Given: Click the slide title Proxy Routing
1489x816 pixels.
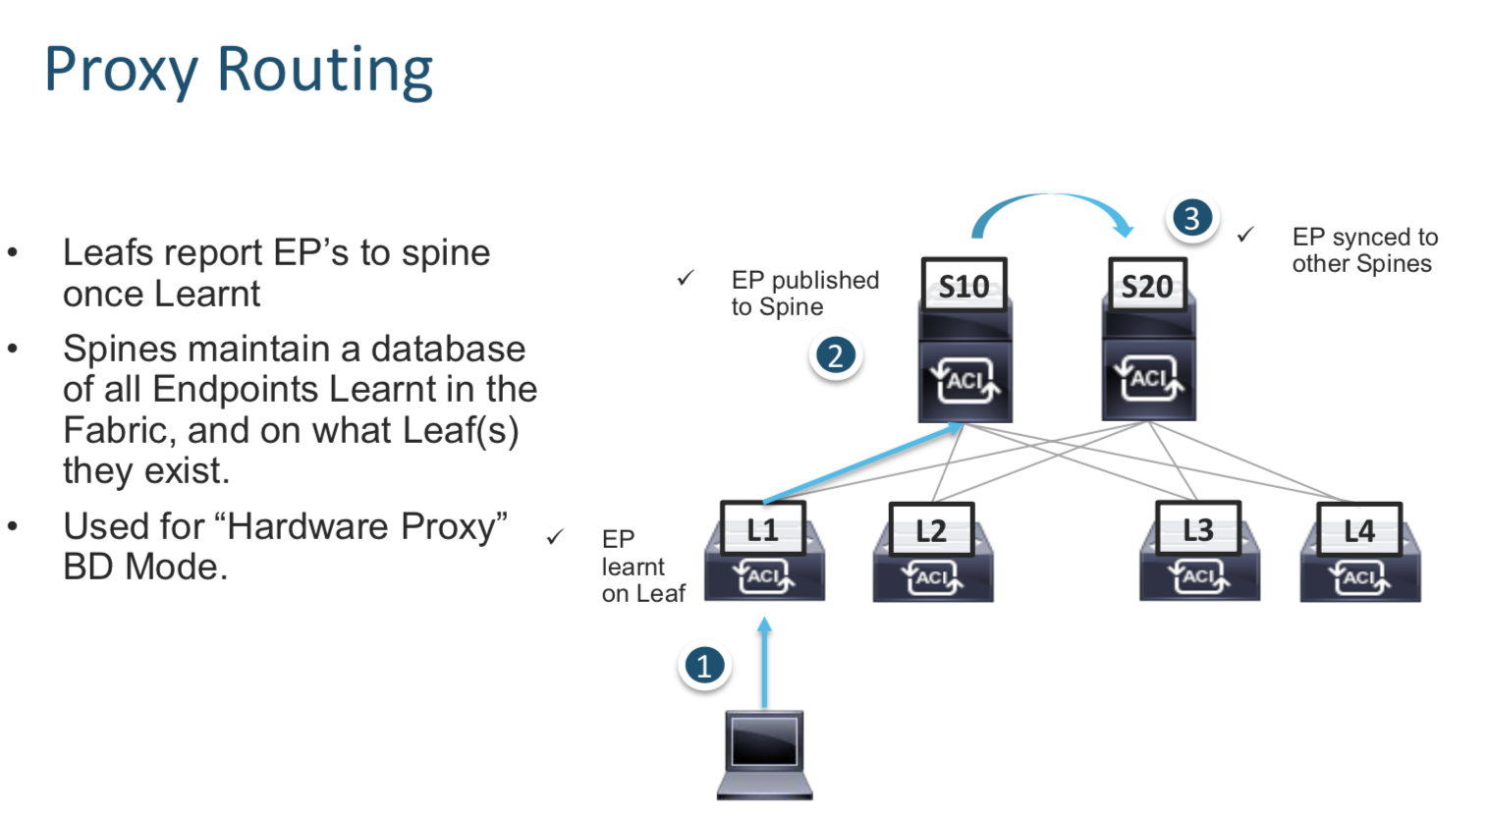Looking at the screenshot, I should click(239, 71).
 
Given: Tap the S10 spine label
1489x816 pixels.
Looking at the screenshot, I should click(965, 287).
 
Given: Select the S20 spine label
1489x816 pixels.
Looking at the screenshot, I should click(1147, 287).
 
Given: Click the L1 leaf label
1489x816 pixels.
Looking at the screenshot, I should click(763, 530).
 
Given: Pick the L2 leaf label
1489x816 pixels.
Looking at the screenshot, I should click(931, 531).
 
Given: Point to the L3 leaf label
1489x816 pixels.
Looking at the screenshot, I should click(1198, 530).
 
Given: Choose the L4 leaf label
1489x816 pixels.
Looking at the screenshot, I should click(1359, 531).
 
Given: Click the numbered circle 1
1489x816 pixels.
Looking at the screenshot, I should click(704, 666).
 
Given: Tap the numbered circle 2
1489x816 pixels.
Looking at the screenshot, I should click(835, 355).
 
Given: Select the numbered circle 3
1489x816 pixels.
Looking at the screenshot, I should click(1191, 217).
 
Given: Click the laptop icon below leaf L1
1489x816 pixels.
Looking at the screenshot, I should click(765, 754).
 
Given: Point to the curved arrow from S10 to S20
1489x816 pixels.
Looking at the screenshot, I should click(1052, 202).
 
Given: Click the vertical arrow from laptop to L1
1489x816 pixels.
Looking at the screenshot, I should click(765, 663).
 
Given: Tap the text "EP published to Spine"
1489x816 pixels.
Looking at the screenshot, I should click(804, 294).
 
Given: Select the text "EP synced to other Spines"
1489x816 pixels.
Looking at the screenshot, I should click(1364, 250).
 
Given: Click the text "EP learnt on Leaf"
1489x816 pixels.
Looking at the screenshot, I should click(642, 567).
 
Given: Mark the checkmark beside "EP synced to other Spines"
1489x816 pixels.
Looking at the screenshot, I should click(1245, 235).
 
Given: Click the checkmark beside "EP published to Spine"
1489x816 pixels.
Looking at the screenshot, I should click(686, 279).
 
